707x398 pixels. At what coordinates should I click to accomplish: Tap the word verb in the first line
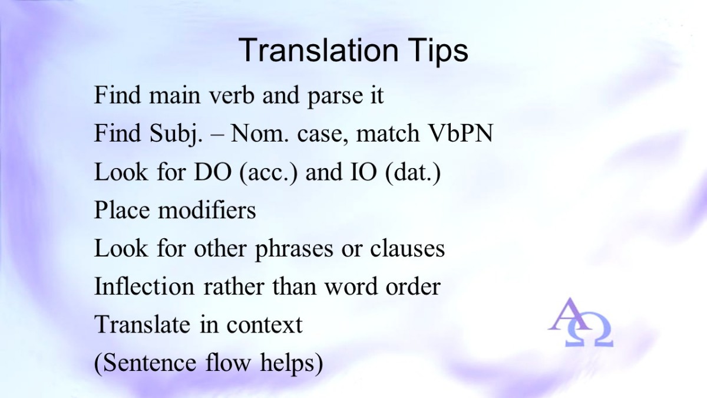232,95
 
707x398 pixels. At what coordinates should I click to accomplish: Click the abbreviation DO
213,172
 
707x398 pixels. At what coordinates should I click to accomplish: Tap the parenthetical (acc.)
268,173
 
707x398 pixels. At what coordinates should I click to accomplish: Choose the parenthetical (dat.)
413,173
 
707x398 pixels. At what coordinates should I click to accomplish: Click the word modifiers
207,210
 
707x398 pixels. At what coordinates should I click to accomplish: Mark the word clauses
408,248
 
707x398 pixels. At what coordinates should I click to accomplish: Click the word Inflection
144,286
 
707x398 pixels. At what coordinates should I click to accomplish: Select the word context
265,325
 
